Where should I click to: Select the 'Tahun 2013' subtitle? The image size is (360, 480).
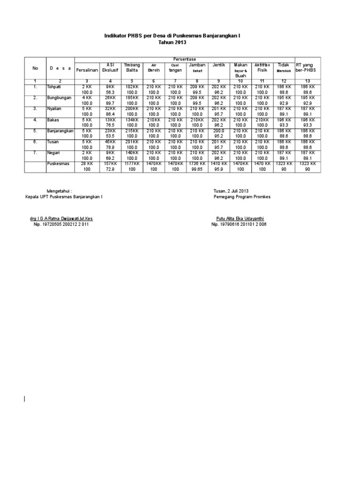pyautogui.click(x=175, y=42)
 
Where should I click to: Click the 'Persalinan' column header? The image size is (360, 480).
pyautogui.click(x=87, y=70)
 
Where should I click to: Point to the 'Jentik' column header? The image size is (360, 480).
pyautogui.click(x=219, y=65)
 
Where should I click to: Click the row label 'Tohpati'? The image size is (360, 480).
pyautogui.click(x=54, y=87)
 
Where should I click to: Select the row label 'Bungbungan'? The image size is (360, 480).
pyautogui.click(x=59, y=97)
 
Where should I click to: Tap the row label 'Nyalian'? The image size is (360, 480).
pyautogui.click(x=55, y=108)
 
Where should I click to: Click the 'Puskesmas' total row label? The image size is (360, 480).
pyautogui.click(x=58, y=164)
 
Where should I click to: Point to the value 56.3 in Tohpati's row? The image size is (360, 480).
pyautogui.click(x=110, y=92)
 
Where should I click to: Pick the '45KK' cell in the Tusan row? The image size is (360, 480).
pyautogui.click(x=110, y=142)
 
